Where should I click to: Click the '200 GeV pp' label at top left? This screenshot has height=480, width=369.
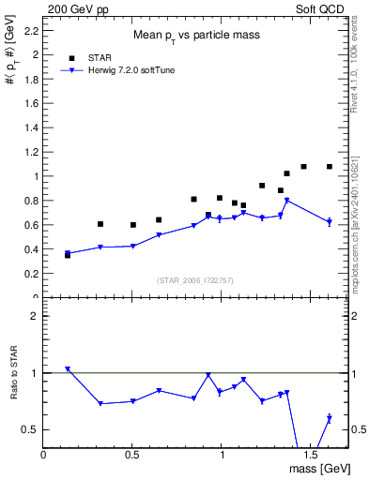pyautogui.click(x=72, y=7)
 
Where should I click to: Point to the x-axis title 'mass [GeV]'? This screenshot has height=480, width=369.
pyautogui.click(x=315, y=468)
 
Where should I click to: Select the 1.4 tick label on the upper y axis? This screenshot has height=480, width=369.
pyautogui.click(x=30, y=127)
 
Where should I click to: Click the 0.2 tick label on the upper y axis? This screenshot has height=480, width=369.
pyautogui.click(x=30, y=274)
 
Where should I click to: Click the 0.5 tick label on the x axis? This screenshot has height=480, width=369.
pyautogui.click(x=132, y=455)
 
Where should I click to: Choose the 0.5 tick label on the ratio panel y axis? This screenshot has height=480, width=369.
pyautogui.click(x=30, y=429)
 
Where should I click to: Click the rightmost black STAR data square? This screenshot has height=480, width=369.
pyautogui.click(x=330, y=167)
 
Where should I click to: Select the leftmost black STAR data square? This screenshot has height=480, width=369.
pyautogui.click(x=68, y=255)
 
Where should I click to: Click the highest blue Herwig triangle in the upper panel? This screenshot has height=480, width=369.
pyautogui.click(x=287, y=201)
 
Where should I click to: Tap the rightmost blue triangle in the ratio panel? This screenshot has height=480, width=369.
pyautogui.click(x=330, y=418)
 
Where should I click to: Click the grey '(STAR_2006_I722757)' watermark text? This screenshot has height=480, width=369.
pyautogui.click(x=194, y=279)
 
